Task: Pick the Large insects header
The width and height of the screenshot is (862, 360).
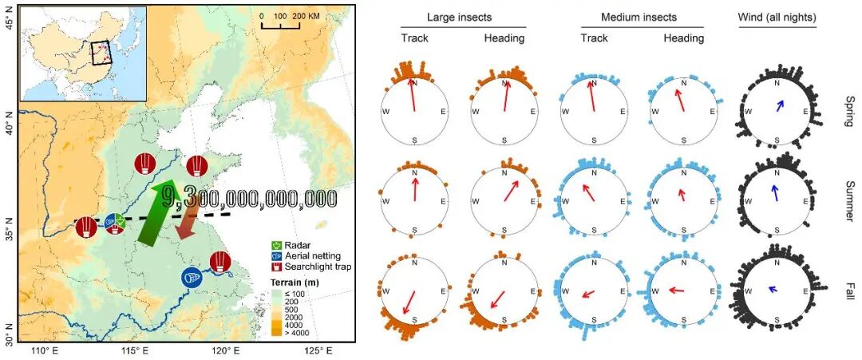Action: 459,17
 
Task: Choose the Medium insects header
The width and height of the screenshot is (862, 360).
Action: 639,17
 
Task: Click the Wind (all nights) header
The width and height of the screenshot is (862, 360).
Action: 777,17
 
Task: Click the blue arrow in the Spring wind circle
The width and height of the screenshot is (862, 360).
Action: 778,105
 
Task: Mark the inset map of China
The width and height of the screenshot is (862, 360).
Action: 82,53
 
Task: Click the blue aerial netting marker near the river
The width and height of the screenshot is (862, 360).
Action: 192,277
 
